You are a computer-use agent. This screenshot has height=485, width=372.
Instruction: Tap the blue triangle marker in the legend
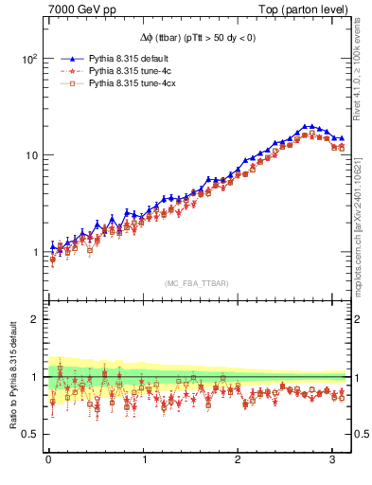click(63, 58)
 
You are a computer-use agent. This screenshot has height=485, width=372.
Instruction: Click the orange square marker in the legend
click(63, 84)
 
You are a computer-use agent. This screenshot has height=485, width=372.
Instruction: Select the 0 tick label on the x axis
click(48, 460)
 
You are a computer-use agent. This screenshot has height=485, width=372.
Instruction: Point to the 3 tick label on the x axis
click(333, 460)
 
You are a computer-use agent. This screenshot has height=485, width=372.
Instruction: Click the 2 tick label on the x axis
click(239, 460)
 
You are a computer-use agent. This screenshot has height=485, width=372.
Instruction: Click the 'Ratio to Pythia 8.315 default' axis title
click(11, 377)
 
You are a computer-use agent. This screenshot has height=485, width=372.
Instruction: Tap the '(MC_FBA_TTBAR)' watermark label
click(196, 283)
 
